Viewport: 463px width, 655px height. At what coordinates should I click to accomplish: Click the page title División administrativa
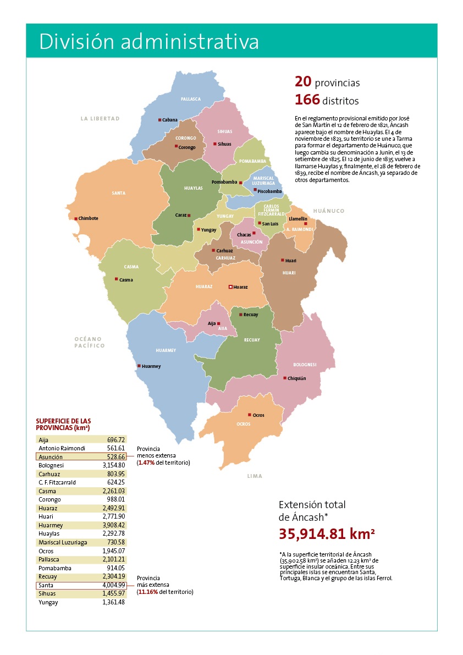(x=149, y=42)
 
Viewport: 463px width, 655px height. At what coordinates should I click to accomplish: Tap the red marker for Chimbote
(x=76, y=218)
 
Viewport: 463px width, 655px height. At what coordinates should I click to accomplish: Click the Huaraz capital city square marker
(x=230, y=287)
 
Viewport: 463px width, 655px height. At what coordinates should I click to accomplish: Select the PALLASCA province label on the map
(x=191, y=100)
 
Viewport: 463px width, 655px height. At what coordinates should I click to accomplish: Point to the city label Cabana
(x=170, y=120)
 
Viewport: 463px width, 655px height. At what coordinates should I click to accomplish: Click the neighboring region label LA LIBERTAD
(x=100, y=118)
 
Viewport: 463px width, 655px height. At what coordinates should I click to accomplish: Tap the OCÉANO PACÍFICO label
(x=90, y=342)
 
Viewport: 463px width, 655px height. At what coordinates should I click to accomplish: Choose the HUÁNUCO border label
(x=328, y=211)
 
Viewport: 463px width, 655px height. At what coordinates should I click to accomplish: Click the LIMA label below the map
(x=255, y=476)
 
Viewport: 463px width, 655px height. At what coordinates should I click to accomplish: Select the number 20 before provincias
(x=303, y=82)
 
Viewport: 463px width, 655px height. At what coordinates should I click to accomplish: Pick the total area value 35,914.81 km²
(x=327, y=535)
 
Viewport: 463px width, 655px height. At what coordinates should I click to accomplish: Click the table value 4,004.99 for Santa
(x=114, y=585)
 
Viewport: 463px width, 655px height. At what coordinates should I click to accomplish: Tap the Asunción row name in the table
(x=51, y=457)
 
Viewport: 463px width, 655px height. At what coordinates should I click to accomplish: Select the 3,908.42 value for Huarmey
(x=114, y=525)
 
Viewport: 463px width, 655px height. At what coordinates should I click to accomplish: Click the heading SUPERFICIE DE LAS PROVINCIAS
(x=63, y=424)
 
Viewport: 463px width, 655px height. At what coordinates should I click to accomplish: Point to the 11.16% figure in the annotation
(x=147, y=592)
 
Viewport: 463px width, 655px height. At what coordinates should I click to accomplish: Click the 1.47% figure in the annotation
(x=147, y=463)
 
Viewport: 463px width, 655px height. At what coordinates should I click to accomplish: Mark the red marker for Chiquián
(x=284, y=378)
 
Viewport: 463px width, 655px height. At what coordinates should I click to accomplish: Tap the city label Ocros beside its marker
(x=258, y=415)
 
